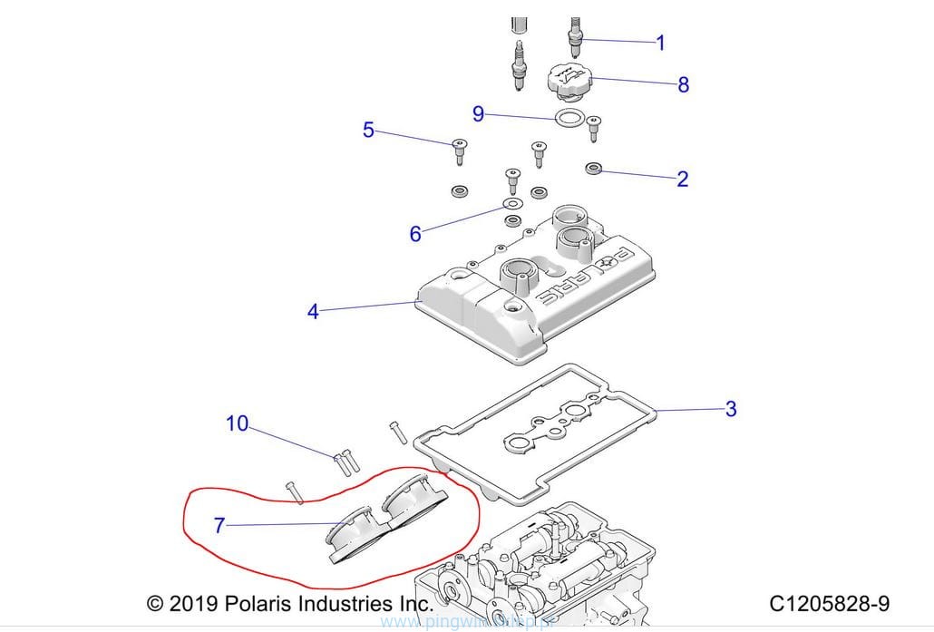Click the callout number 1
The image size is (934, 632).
[660, 42]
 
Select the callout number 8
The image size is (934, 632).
[683, 84]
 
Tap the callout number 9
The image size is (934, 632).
[478, 114]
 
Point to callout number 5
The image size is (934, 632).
[368, 130]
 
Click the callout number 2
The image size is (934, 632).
[682, 179]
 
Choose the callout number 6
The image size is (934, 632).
[415, 233]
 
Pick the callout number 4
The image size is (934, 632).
[313, 312]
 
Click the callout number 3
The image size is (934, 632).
[731, 409]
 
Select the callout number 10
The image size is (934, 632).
[237, 423]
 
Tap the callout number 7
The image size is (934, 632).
[219, 524]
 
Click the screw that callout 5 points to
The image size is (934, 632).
[459, 150]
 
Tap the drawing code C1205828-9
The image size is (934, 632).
[829, 603]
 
